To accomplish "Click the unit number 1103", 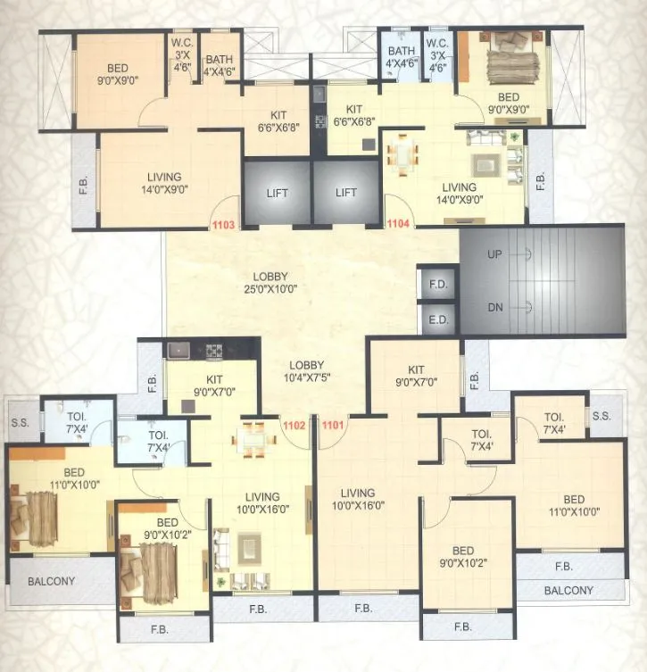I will tap(224, 225).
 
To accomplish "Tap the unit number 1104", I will tap(398, 225).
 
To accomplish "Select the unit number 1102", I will tap(294, 425).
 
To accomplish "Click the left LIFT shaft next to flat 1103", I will tap(277, 193).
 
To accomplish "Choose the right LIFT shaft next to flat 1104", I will tap(346, 193).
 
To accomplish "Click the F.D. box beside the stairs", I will tap(437, 285).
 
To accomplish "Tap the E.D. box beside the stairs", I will tap(437, 319).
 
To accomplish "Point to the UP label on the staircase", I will tap(495, 254).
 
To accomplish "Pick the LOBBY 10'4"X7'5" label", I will tap(305, 371).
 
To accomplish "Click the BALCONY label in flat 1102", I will tap(52, 581).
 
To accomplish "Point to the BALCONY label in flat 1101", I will tap(568, 590).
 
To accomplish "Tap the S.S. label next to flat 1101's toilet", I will tap(601, 417).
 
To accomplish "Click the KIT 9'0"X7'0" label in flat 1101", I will tap(416, 376).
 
